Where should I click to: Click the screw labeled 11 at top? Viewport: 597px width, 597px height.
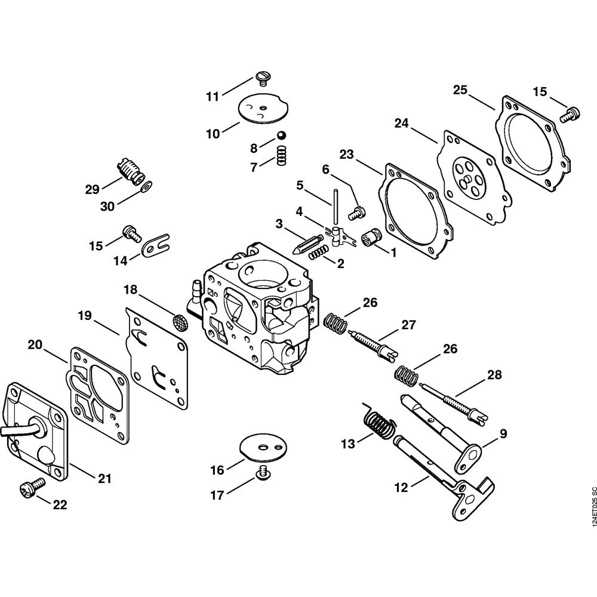coord(263,76)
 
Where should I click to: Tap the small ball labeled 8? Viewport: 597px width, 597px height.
coord(280,136)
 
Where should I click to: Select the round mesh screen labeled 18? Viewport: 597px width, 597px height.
coord(177,322)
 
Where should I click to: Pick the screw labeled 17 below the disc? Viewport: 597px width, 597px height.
coord(260,473)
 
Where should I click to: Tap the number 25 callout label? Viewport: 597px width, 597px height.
coord(460,91)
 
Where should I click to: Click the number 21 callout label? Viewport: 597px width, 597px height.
coord(104,478)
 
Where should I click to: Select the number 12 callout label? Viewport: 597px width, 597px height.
coord(401,487)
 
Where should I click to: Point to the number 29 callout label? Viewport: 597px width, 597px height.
coord(91,189)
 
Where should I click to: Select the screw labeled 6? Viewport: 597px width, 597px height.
coord(358,211)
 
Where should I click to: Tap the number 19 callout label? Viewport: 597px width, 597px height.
coord(84,315)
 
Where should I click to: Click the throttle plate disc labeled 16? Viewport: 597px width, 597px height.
coord(260,448)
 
